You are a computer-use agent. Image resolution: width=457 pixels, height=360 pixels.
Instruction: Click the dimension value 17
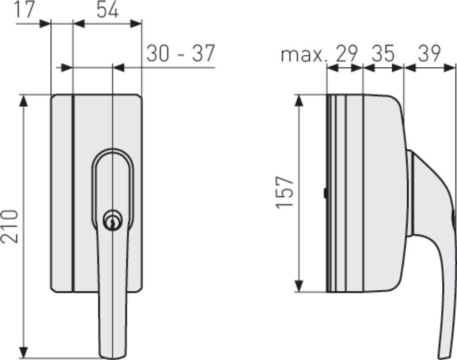point(24,10)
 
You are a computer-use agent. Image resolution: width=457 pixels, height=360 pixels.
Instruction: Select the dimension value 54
point(107,10)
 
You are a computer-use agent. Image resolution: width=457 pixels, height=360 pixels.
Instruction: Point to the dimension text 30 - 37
point(180,53)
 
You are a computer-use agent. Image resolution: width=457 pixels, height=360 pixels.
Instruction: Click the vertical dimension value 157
point(284,192)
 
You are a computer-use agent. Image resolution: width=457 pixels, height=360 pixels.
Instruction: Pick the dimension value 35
point(383,54)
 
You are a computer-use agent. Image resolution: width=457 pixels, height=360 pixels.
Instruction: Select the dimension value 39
point(429,54)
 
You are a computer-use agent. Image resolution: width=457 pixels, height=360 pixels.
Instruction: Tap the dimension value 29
point(346,54)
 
